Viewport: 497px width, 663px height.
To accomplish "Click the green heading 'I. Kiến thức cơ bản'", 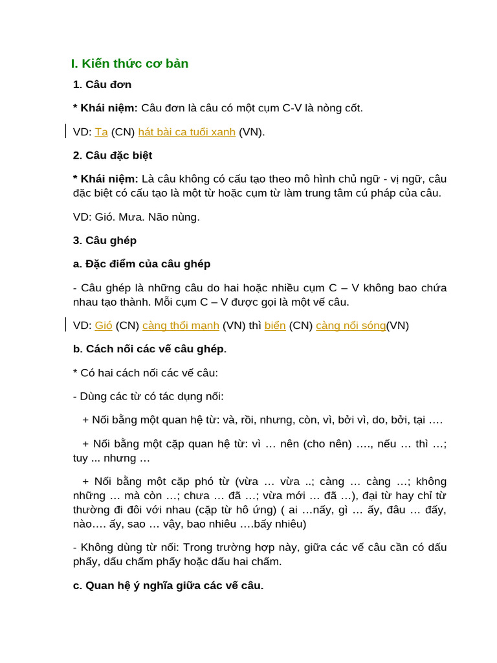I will pyautogui.click(x=129, y=63).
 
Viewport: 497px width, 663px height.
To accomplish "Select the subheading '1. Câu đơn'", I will pyautogui.click(x=102, y=84).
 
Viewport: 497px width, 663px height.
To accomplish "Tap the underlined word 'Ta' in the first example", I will pyautogui.click(x=101, y=132).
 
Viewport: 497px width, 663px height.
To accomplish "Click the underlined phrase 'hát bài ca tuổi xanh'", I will pyautogui.click(x=186, y=132).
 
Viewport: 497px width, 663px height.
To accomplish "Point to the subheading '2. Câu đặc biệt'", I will pyautogui.click(x=113, y=155).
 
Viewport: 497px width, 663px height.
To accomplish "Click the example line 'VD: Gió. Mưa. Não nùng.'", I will pyautogui.click(x=136, y=217).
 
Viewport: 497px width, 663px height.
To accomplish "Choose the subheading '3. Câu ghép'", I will pyautogui.click(x=105, y=240).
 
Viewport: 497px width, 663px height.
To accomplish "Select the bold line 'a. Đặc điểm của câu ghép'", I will pyautogui.click(x=142, y=264).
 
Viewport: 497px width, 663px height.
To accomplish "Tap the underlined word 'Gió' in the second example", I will pyautogui.click(x=104, y=326).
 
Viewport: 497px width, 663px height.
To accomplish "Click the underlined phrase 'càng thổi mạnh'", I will pyautogui.click(x=181, y=326).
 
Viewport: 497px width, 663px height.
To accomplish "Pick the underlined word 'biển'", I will pyautogui.click(x=275, y=326).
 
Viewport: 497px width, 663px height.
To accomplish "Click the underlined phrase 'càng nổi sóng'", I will pyautogui.click(x=351, y=326).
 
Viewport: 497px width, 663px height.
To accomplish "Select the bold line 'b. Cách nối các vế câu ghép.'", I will pyautogui.click(x=149, y=349).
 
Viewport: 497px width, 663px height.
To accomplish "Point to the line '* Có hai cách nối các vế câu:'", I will pyautogui.click(x=146, y=373).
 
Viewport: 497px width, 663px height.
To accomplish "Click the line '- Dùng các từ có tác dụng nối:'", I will pyautogui.click(x=148, y=396).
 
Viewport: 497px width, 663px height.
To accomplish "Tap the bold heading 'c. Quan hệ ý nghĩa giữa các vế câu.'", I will pyautogui.click(x=168, y=585).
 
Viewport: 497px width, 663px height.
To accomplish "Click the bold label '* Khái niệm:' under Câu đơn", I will pyautogui.click(x=105, y=108).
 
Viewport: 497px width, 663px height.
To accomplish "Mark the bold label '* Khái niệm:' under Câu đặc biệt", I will pyautogui.click(x=105, y=179).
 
